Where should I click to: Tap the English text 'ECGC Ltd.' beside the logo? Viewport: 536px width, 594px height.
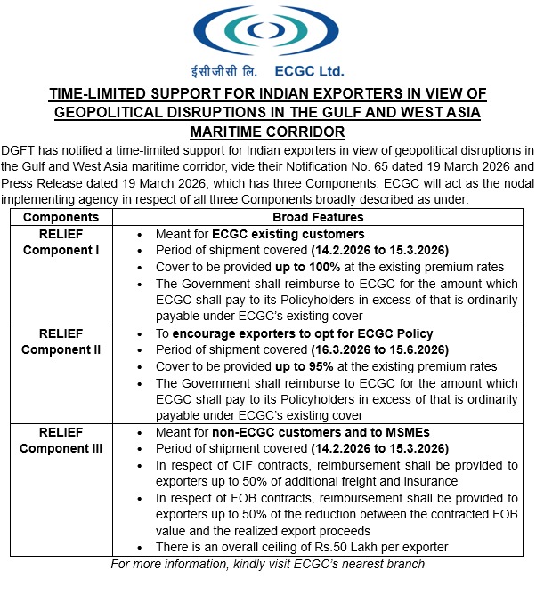(x=309, y=70)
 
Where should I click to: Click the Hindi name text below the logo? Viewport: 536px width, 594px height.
(x=229, y=70)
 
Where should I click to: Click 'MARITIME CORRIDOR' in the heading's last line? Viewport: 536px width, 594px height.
(x=268, y=132)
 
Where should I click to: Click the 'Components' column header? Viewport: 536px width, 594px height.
(x=61, y=216)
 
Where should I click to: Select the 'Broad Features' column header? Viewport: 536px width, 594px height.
(x=318, y=216)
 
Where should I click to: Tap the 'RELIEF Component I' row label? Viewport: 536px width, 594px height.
(x=61, y=242)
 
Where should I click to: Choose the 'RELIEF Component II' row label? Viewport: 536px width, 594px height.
(x=61, y=341)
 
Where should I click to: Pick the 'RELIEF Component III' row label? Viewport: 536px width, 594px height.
(x=61, y=441)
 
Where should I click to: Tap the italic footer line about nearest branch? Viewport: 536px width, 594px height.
(x=267, y=565)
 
